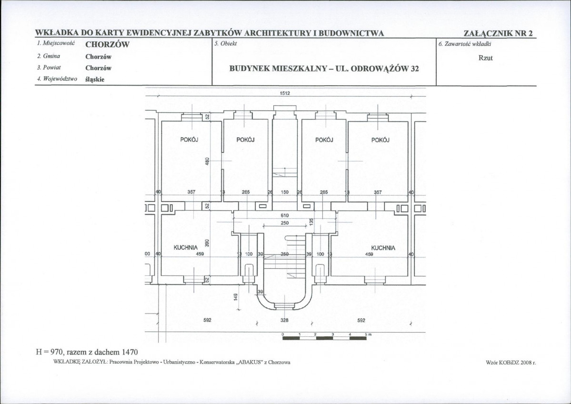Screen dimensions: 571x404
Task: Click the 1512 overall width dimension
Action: pos(285,93)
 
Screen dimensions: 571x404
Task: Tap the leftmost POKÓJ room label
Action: pos(190,140)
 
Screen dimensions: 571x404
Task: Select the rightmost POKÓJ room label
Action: pos(381,140)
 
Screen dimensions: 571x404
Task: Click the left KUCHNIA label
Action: pos(186,247)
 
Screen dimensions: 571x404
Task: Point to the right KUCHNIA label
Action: pos(383,248)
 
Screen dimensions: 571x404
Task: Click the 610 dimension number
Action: pos(285,216)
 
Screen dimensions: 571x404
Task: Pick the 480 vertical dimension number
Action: pos(207,161)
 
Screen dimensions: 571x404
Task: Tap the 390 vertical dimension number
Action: pos(207,243)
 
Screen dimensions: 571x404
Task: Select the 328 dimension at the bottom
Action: pos(285,320)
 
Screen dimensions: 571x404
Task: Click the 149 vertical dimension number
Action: pos(235,297)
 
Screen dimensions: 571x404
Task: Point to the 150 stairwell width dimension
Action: pos(285,192)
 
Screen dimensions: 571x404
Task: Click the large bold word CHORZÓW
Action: pos(108,45)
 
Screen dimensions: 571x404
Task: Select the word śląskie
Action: pos(95,80)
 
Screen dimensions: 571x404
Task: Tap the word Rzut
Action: pos(485,58)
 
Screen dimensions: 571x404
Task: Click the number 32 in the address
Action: pos(415,69)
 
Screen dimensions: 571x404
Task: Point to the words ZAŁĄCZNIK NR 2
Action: pos(498,33)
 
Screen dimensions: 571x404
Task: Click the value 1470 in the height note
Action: pos(130,352)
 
